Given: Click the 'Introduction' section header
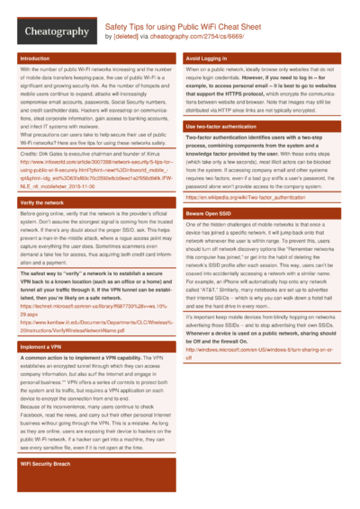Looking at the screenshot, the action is [35, 58].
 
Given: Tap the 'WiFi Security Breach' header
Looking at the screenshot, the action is [46, 487].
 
